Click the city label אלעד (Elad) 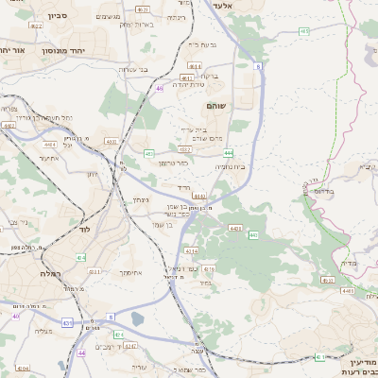point(249,6)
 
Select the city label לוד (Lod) point(84,230)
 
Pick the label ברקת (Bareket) point(210,77)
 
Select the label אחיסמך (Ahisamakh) point(130,272)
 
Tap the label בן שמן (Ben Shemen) point(175,224)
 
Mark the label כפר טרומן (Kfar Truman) point(174,163)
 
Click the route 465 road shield point(303,31)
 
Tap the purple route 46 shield point(160,88)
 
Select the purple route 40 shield point(82,352)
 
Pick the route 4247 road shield point(130,345)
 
